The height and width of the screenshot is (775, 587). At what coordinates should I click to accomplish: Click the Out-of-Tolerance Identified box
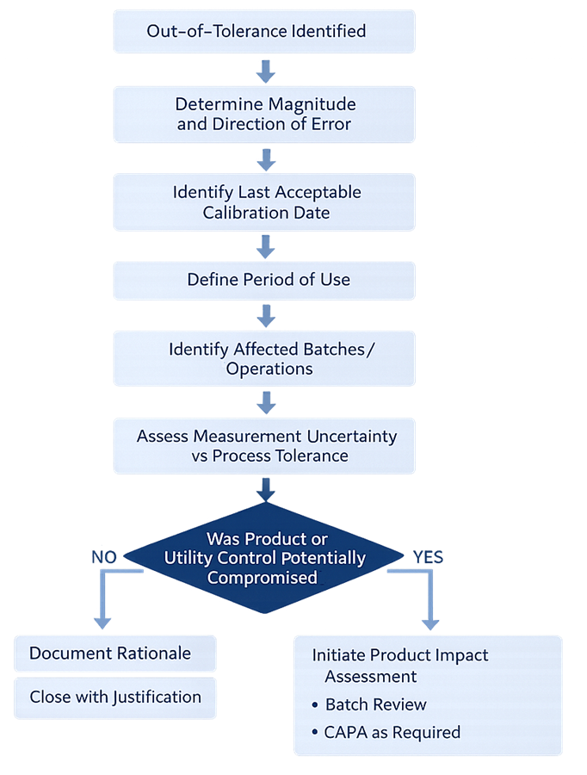[x=264, y=32]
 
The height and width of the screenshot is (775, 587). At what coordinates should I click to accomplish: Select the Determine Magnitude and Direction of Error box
[x=264, y=114]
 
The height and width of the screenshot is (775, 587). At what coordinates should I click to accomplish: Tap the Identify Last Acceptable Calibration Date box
[x=264, y=201]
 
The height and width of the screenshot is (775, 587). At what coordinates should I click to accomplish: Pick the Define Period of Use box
[x=264, y=280]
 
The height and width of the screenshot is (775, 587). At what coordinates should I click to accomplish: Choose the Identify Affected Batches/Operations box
[x=264, y=359]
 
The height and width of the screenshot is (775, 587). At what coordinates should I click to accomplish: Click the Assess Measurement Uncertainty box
[x=264, y=446]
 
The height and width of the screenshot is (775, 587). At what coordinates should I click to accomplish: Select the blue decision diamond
[x=264, y=558]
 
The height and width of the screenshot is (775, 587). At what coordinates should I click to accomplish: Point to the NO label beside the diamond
[x=103, y=558]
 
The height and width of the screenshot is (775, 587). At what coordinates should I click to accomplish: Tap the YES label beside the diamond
[x=428, y=558]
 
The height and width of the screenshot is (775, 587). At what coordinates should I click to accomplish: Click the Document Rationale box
[x=114, y=654]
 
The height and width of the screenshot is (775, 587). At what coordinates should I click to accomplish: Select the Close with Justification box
[x=114, y=697]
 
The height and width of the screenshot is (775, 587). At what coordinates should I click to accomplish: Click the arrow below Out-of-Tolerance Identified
[x=266, y=70]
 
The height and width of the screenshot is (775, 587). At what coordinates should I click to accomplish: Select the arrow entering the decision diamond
[x=266, y=489]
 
